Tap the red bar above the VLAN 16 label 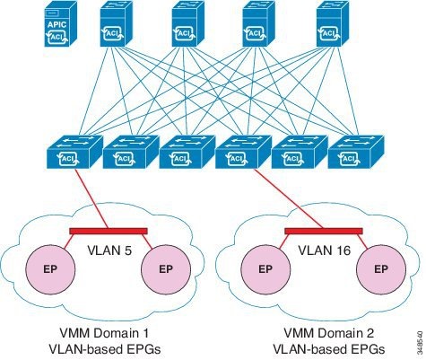(x=323, y=231)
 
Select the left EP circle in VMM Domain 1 (x=53, y=268)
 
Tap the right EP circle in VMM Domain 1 (x=166, y=268)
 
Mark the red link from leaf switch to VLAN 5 (x=90, y=199)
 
